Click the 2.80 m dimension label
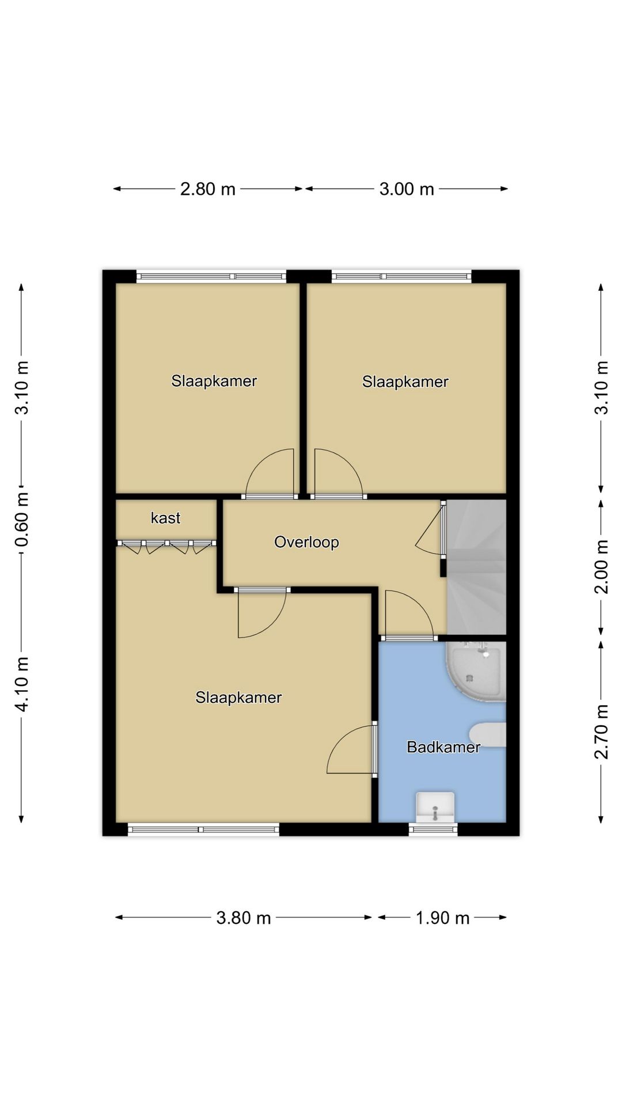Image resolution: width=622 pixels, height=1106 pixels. tap(208, 189)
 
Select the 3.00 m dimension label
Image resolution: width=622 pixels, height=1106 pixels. tap(407, 189)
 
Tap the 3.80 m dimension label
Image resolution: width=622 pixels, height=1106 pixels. tap(244, 918)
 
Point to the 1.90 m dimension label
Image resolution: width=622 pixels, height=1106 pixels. tap(443, 918)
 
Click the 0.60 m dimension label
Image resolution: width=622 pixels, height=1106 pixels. tap(22, 520)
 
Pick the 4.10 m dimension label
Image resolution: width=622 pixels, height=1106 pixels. tap(22, 684)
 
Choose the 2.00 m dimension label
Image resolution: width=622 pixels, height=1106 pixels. tap(601, 567)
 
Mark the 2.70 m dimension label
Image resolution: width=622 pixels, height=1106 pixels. tap(601, 732)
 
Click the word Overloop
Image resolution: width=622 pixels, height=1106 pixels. tap(306, 542)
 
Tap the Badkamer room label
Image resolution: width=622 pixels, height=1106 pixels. tap(443, 747)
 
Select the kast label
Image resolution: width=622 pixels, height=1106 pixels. tap(165, 518)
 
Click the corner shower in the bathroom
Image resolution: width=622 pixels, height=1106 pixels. tap(476, 672)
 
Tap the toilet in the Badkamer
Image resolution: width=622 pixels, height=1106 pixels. tap(488, 734)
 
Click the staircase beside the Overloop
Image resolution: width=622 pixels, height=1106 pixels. tap(477, 567)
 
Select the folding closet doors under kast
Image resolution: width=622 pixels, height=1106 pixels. tap(166, 546)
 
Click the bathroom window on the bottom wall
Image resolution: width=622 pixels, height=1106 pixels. tap(433, 829)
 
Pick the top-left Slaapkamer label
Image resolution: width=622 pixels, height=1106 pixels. tap(214, 381)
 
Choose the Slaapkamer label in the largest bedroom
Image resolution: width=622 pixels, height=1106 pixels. tap(238, 698)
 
